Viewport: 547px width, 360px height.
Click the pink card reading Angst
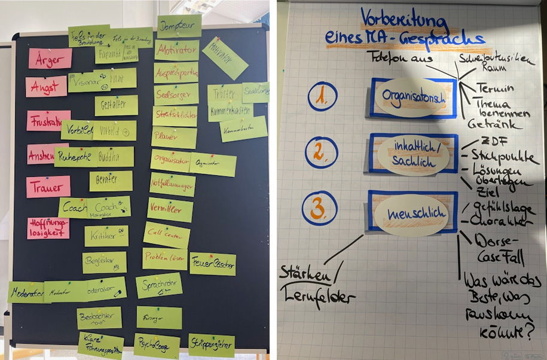pos(46,87)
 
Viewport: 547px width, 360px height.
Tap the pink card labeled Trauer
pos(48,187)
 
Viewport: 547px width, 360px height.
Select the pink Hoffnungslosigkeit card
pos(48,228)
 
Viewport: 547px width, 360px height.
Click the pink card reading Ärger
pos(50,59)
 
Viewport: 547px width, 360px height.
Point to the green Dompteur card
pos(179,26)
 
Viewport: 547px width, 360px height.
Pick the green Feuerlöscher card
pos(213,264)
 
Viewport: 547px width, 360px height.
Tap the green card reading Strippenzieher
pos(212,345)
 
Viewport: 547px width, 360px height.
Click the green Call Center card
pos(166,235)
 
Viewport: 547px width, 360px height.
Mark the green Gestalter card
pos(116,105)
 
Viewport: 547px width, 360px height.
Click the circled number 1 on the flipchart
pos(323,97)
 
